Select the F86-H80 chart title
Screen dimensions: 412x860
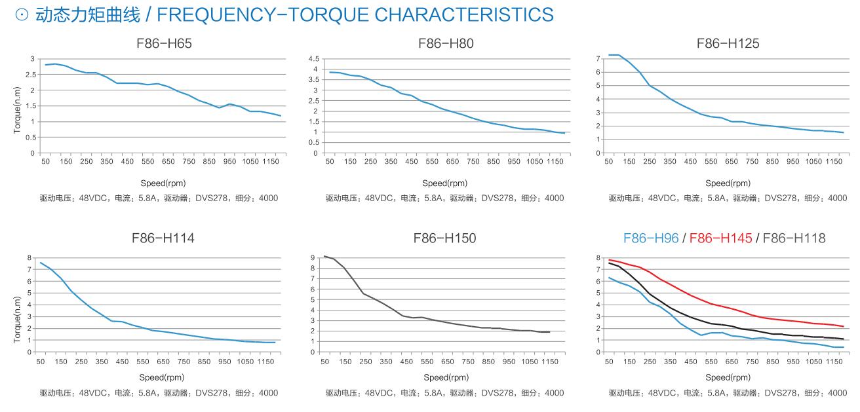(445, 44)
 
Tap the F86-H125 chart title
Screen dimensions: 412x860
(728, 44)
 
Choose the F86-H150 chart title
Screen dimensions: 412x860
(445, 238)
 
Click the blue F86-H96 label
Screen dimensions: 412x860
(651, 238)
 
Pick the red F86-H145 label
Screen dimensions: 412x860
(720, 238)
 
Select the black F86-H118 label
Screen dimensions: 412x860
(794, 238)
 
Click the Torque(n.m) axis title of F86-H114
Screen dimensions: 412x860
(17, 320)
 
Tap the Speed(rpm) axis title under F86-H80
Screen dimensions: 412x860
(445, 183)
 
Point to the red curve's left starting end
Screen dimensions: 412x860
(609, 260)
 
